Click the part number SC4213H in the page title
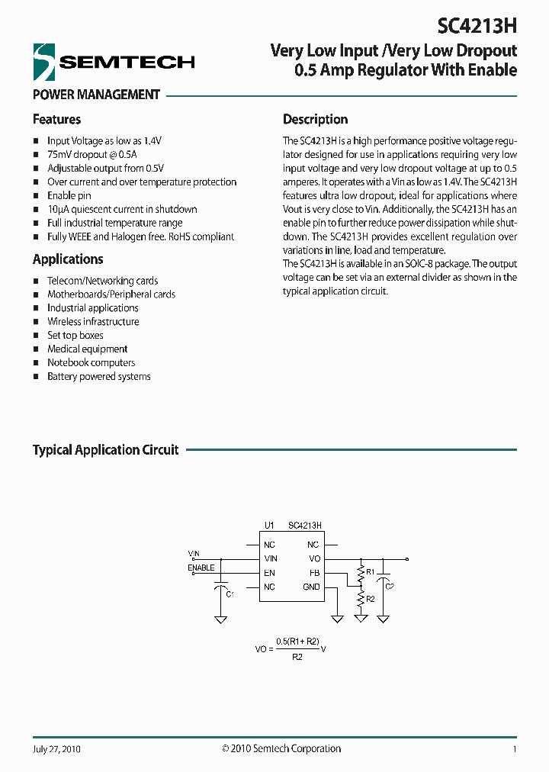click(477, 26)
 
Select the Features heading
click(56, 120)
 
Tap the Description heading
click(315, 120)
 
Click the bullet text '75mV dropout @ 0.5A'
click(88, 155)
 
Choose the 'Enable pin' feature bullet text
click(69, 196)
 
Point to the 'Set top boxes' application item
click(75, 336)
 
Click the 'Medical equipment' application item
click(87, 349)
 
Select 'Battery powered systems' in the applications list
click(98, 377)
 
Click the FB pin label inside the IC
click(314, 573)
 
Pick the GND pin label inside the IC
click(311, 587)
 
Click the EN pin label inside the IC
click(269, 573)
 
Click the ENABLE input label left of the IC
click(201, 568)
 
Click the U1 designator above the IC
click(268, 526)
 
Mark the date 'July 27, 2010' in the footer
click(56, 749)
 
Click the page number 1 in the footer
click(515, 749)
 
